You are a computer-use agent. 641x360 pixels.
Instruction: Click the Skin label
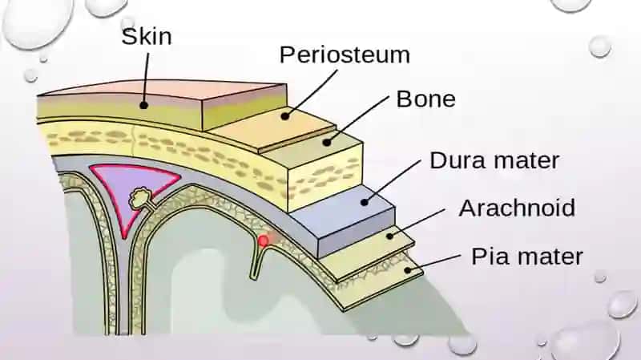pyautogui.click(x=147, y=36)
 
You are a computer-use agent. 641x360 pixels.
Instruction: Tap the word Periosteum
pyautogui.click(x=345, y=55)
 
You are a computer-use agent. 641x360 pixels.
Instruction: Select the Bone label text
pyautogui.click(x=425, y=99)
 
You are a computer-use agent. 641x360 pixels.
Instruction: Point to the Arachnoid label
pyautogui.click(x=517, y=208)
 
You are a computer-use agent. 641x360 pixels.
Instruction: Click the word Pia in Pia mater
pyautogui.click(x=487, y=257)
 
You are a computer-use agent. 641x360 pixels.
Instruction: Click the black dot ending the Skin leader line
pyautogui.click(x=143, y=105)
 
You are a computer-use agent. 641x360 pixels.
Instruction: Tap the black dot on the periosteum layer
pyautogui.click(x=285, y=116)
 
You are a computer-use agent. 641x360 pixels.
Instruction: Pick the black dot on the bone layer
pyautogui.click(x=327, y=143)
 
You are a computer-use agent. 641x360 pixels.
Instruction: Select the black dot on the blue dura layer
pyautogui.click(x=365, y=202)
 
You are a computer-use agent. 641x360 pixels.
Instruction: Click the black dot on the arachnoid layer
pyautogui.click(x=389, y=236)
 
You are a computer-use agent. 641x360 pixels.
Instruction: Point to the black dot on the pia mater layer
pyautogui.click(x=408, y=269)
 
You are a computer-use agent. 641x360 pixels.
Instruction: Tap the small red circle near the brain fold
pyautogui.click(x=264, y=241)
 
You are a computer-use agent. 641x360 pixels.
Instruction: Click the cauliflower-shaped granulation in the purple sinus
pyautogui.click(x=140, y=197)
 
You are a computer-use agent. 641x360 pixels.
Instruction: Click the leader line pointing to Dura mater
pyautogui.click(x=393, y=180)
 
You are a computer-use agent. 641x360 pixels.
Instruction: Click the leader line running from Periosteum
pyautogui.click(x=311, y=93)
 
